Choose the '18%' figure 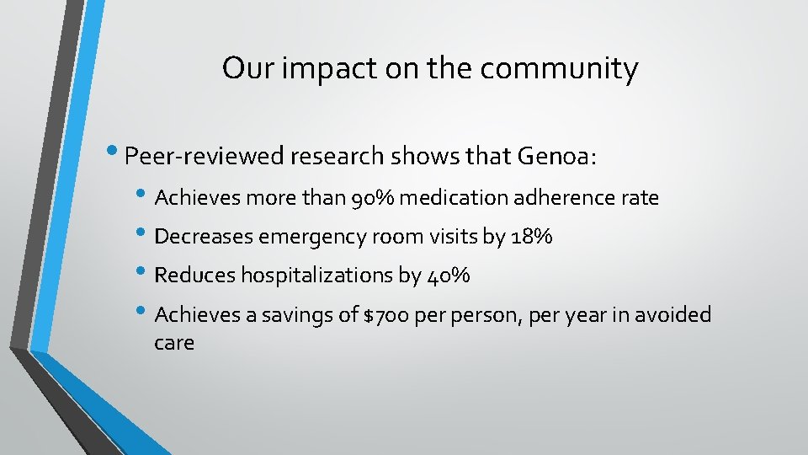531,238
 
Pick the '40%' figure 449,276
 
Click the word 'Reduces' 195,276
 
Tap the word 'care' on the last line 174,344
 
